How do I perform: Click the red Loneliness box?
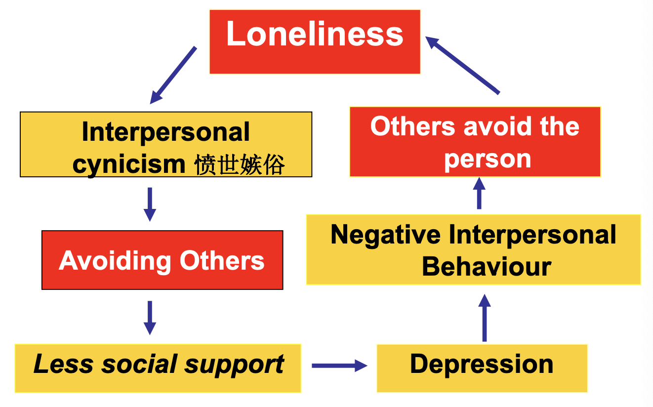click(315, 41)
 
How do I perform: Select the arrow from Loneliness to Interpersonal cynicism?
click(173, 75)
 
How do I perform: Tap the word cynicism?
click(128, 164)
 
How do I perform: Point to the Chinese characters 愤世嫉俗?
click(240, 165)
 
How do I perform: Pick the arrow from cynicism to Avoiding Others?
click(150, 204)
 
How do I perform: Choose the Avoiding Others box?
click(162, 260)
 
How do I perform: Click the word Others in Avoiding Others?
click(222, 260)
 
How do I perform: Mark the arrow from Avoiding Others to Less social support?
click(150, 318)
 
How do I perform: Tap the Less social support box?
click(158, 368)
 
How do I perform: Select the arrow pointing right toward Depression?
click(339, 366)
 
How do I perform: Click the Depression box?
click(482, 368)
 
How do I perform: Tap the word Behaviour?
click(487, 266)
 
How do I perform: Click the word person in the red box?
click(487, 159)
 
